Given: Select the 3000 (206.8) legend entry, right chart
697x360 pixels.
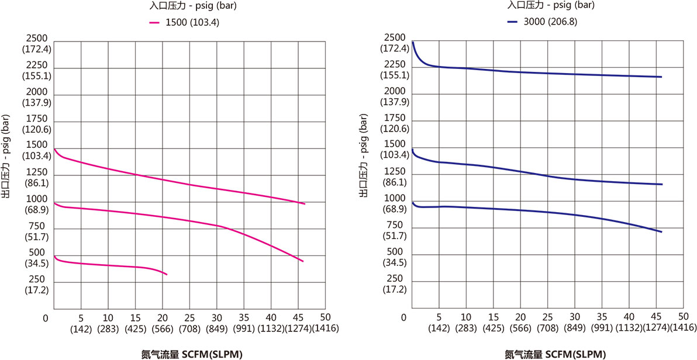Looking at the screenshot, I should coord(545,22).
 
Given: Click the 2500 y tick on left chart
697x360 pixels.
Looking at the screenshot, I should coord(37,44).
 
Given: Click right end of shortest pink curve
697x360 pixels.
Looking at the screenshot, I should coord(167,275).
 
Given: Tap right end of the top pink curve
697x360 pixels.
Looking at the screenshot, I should coord(305,204).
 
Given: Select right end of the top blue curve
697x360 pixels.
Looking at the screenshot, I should coord(662,77).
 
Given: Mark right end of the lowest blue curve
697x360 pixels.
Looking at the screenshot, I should coord(662,232).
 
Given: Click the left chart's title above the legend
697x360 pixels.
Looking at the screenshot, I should coord(185,7).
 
